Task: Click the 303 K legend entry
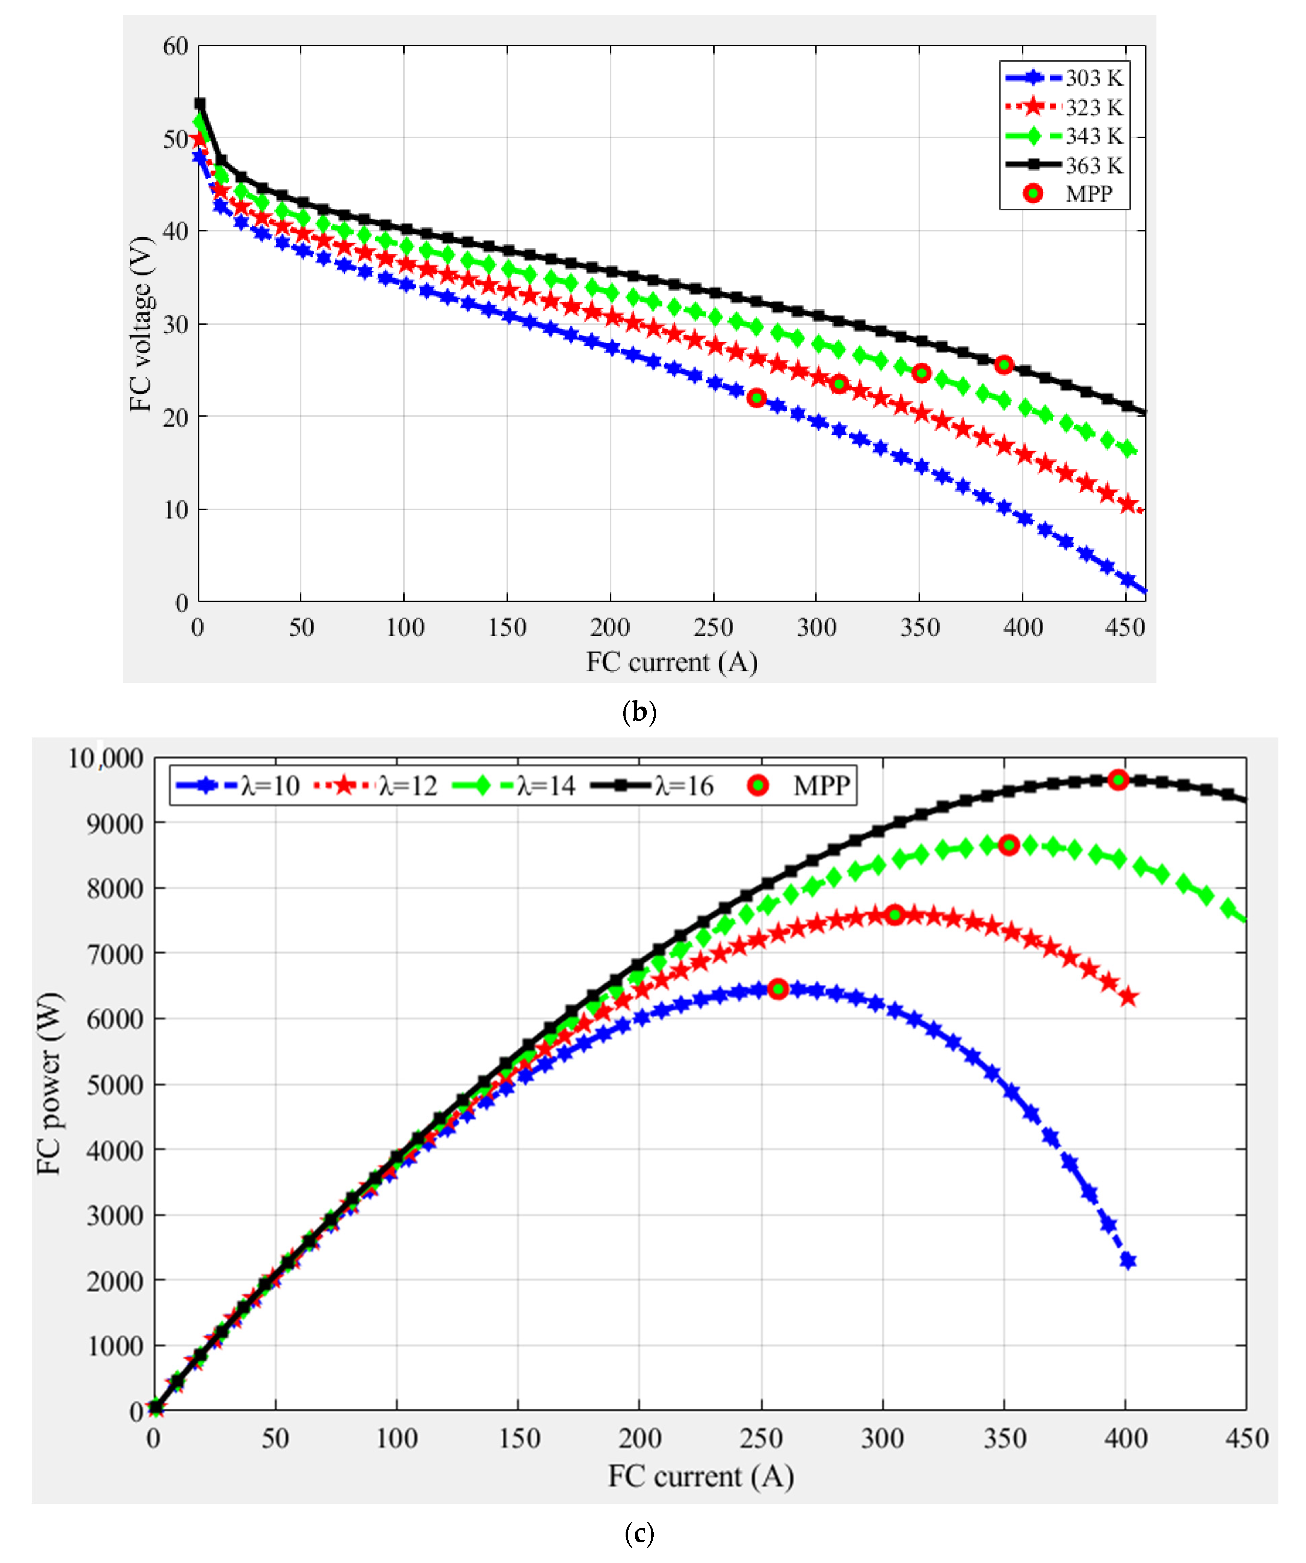pos(1064,77)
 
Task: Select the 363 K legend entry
pos(1064,164)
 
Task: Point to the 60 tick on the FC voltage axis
pos(176,46)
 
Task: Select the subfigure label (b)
pos(638,712)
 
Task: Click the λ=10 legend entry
pos(237,785)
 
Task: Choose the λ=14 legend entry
pos(514,785)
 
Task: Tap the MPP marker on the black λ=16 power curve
pos(1118,779)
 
